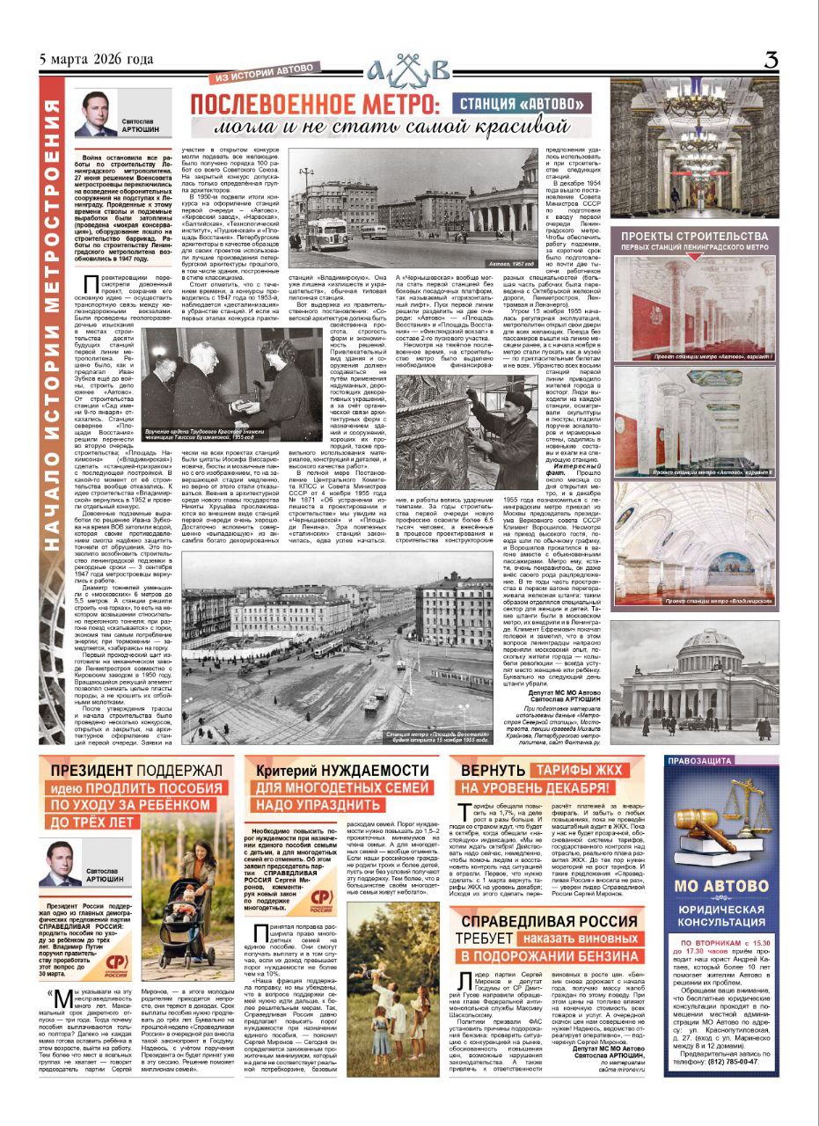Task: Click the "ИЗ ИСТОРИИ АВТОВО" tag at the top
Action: [239, 78]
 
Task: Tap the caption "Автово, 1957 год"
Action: [537, 265]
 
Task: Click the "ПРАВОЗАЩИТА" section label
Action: [711, 762]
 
